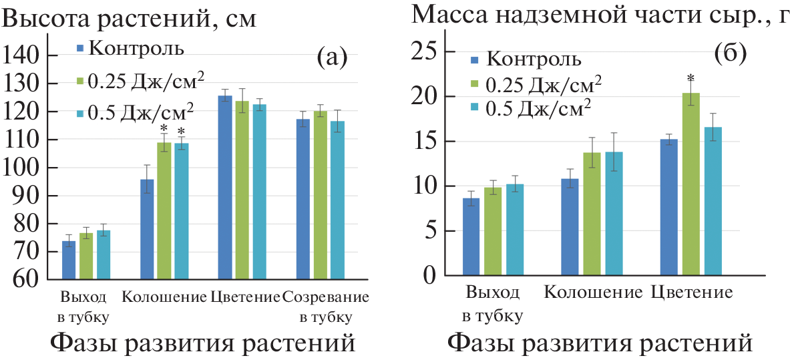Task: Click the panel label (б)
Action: tap(730, 53)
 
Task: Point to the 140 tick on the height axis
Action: tap(24, 57)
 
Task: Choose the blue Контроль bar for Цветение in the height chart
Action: tap(225, 187)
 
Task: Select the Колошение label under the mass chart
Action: tap(593, 292)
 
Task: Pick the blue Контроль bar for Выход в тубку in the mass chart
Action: tap(471, 236)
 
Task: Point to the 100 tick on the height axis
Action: tap(24, 168)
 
